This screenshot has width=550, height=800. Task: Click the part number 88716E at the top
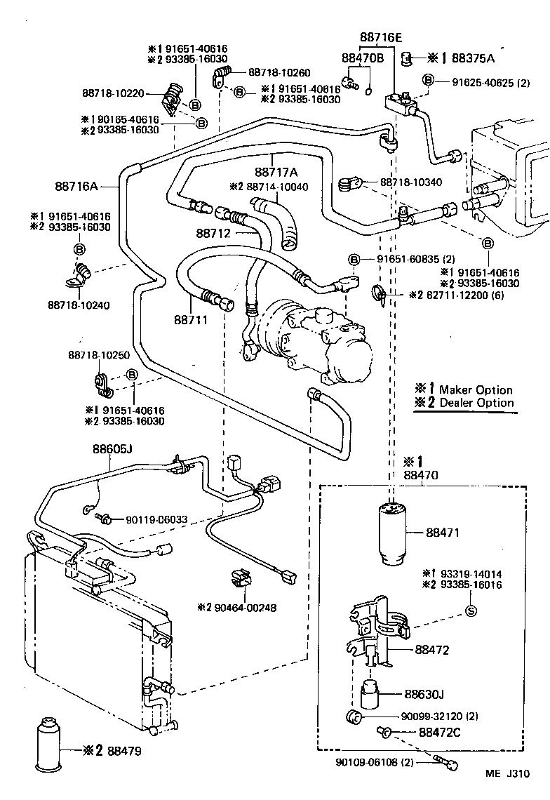tap(381, 38)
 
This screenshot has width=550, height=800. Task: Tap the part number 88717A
tap(276, 173)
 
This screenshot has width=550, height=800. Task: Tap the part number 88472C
tap(440, 733)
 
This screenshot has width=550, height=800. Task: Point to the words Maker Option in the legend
tap(476, 389)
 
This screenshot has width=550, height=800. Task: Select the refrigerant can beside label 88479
tap(48, 747)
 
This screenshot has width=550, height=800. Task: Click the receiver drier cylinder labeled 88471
tap(392, 533)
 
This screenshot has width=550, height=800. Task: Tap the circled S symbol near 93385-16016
tap(471, 610)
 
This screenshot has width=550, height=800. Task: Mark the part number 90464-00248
tap(236, 607)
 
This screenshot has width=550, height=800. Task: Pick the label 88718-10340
tap(411, 182)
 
